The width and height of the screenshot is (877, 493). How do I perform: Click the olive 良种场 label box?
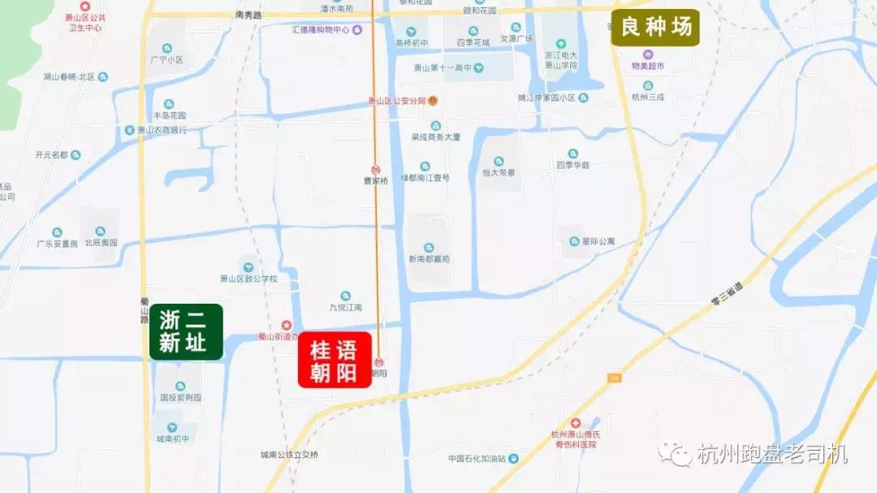[x=655, y=28]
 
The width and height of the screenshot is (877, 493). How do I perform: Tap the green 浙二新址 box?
[x=186, y=331]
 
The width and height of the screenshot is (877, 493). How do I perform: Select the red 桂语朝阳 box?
[x=335, y=361]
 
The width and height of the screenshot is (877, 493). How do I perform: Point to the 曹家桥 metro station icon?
[x=376, y=170]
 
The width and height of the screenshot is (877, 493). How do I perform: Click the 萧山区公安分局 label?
[x=398, y=102]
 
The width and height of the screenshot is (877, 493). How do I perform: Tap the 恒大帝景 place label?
[x=499, y=173]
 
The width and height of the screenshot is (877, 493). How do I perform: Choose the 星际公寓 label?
[x=598, y=241]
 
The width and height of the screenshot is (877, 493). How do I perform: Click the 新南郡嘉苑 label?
[x=429, y=259]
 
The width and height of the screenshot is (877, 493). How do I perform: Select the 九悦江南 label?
[x=345, y=307]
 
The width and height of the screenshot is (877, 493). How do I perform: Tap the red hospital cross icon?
[x=576, y=424]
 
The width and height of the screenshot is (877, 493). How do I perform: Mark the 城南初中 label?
[x=172, y=439]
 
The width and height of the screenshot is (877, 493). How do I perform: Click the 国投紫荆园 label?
[x=179, y=398]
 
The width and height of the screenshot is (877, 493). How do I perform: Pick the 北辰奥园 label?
[x=101, y=243]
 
